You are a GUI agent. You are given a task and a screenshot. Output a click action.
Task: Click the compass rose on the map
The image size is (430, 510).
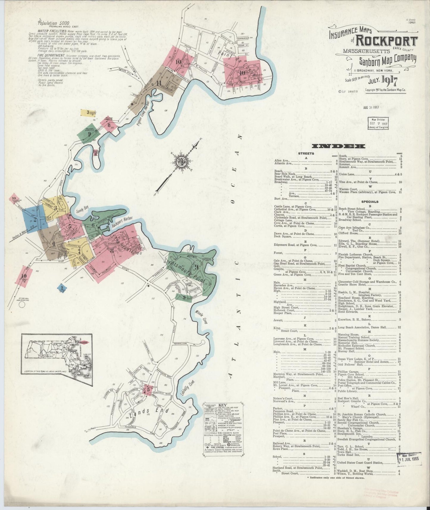181,162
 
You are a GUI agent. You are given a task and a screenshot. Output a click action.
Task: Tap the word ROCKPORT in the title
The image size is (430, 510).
387,41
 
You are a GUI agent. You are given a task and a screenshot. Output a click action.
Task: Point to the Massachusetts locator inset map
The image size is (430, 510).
56,353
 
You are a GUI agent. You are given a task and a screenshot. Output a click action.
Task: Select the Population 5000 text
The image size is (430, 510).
54,23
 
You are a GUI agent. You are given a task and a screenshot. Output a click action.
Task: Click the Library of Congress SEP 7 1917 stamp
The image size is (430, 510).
377,123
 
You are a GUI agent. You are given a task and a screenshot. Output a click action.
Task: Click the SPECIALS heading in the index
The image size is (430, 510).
370,201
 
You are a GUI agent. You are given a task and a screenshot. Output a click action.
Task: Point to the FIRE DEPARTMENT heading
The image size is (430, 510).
51,55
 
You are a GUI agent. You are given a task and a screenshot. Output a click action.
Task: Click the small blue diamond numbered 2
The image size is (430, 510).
62,288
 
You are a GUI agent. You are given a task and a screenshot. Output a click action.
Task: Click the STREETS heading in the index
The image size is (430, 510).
306,154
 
